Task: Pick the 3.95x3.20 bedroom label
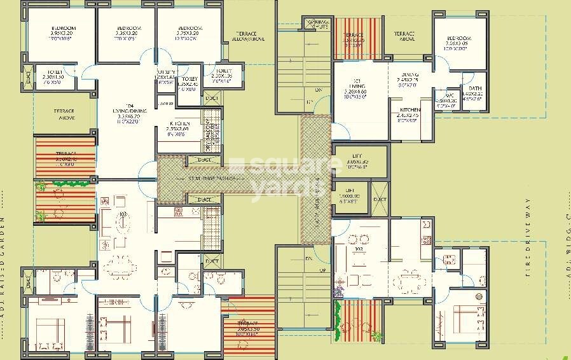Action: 64,32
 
